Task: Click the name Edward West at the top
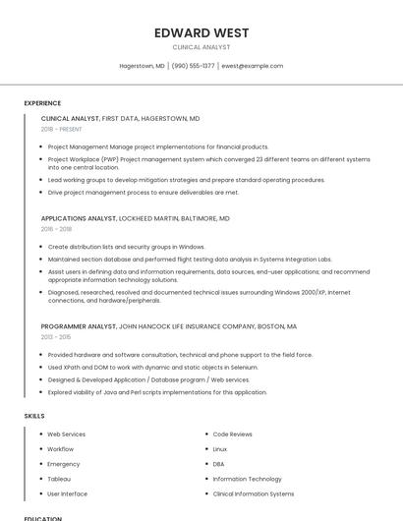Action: click(201, 32)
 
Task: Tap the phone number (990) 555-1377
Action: click(193, 66)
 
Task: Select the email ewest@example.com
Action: click(252, 66)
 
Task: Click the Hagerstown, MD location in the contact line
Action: click(142, 66)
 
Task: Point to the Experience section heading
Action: click(42, 103)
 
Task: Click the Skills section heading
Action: click(34, 416)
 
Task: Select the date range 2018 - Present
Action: click(63, 129)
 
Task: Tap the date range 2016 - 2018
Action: click(56, 229)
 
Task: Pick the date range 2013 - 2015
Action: click(56, 336)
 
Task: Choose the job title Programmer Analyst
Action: click(79, 325)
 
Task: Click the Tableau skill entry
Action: click(59, 479)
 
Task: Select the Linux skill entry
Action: click(220, 448)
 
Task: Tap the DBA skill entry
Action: click(218, 464)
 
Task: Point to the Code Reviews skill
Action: click(232, 434)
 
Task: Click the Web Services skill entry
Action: click(66, 434)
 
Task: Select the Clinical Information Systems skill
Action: click(253, 493)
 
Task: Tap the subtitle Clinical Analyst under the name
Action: click(201, 47)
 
